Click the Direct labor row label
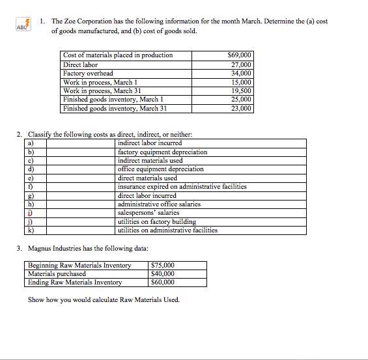(80, 64)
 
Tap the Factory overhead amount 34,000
(242, 74)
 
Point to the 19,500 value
(242, 91)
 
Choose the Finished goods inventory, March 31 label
(111, 109)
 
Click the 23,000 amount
(242, 109)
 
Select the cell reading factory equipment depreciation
(162, 152)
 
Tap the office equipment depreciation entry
(160, 169)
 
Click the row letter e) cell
(32, 178)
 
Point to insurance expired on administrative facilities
(182, 186)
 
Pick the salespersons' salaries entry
(149, 213)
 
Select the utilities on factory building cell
(156, 221)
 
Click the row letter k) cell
(32, 230)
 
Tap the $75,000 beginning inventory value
(162, 265)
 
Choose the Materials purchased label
(57, 273)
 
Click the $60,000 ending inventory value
(162, 283)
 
